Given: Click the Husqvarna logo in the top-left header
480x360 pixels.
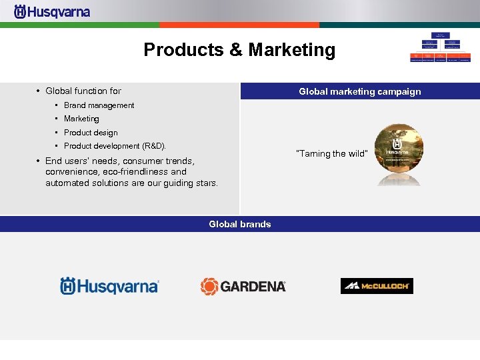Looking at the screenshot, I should point(52,12).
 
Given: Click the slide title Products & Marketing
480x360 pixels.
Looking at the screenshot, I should point(239,50).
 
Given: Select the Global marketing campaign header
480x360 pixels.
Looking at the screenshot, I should point(359,91).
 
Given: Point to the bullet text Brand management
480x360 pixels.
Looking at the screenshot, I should point(99,105).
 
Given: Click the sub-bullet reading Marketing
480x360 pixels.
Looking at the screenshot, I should point(81,119).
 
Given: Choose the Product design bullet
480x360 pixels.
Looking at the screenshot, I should point(91,133).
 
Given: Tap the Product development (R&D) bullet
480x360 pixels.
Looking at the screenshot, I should point(115,146).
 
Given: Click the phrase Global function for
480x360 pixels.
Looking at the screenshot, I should point(83,91).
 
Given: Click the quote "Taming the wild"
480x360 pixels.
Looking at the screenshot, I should point(331,154).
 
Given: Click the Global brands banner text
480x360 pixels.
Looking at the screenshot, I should point(239,224).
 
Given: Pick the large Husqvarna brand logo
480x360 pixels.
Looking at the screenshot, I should point(110,286).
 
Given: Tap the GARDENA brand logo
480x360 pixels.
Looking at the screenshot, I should point(243,286).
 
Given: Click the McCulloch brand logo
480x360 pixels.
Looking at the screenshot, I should point(377,286).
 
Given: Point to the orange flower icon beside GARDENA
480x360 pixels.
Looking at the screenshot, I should point(209,286).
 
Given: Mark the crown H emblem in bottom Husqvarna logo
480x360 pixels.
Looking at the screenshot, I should point(69,286).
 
